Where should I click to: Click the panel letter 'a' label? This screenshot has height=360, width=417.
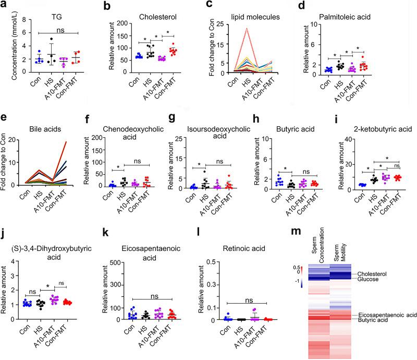tap(5, 6)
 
